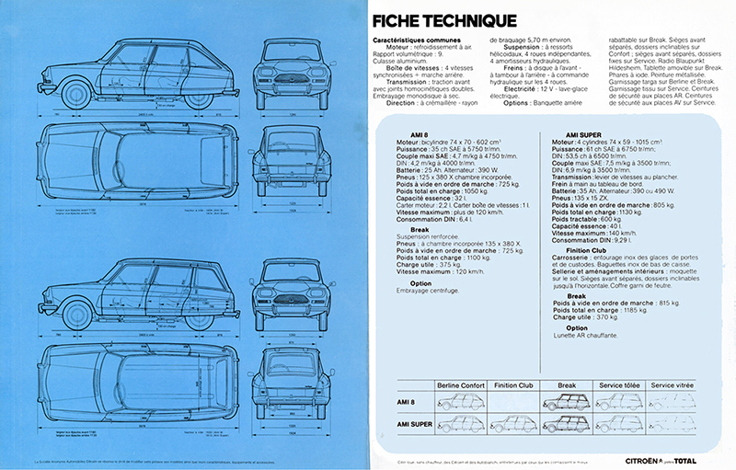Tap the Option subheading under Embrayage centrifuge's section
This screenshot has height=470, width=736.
420,283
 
